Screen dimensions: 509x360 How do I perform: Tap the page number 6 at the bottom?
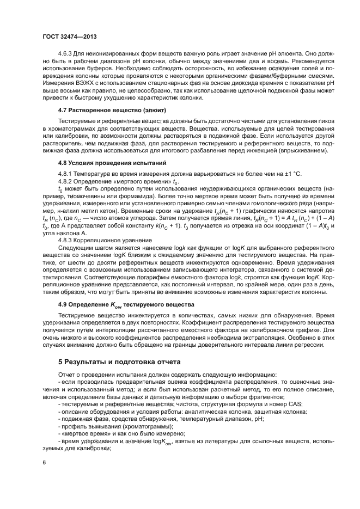[44, 462]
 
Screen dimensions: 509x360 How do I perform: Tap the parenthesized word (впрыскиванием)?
[306, 150]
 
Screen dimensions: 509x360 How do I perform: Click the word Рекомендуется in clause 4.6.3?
[314, 62]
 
